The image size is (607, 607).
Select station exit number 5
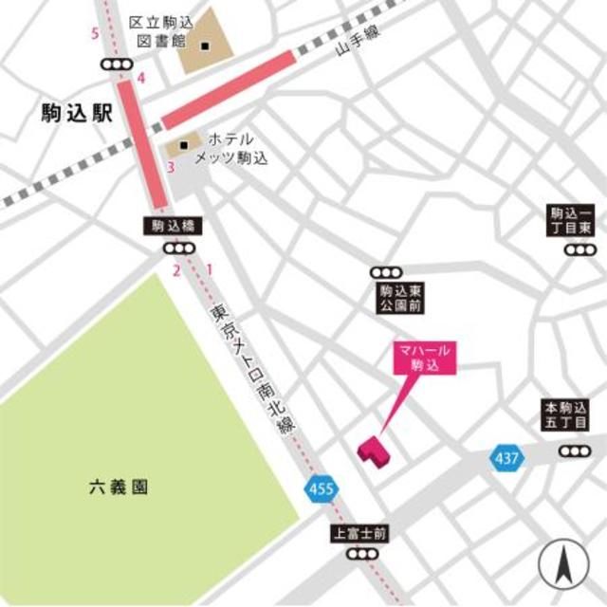pos(94,35)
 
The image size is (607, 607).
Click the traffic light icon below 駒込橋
pos(176,248)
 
